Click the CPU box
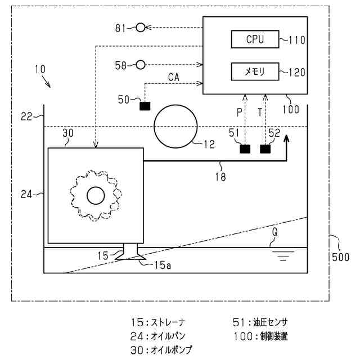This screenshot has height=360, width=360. (255, 39)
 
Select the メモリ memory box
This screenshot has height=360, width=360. (255, 71)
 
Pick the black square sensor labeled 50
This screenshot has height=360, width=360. (145, 105)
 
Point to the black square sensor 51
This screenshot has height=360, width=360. (245, 149)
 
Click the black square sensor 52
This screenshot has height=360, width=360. (265, 149)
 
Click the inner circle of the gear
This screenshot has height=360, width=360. (96, 196)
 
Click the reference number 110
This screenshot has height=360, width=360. (296, 40)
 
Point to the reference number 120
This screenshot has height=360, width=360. (296, 72)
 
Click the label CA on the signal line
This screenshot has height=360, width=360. (174, 76)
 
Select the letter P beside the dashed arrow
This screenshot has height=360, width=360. (239, 112)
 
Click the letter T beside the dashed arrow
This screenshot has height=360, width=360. (260, 112)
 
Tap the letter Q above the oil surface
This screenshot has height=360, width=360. (274, 231)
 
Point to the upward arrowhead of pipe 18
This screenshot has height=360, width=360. (287, 138)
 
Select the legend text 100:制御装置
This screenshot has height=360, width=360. (260, 336)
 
